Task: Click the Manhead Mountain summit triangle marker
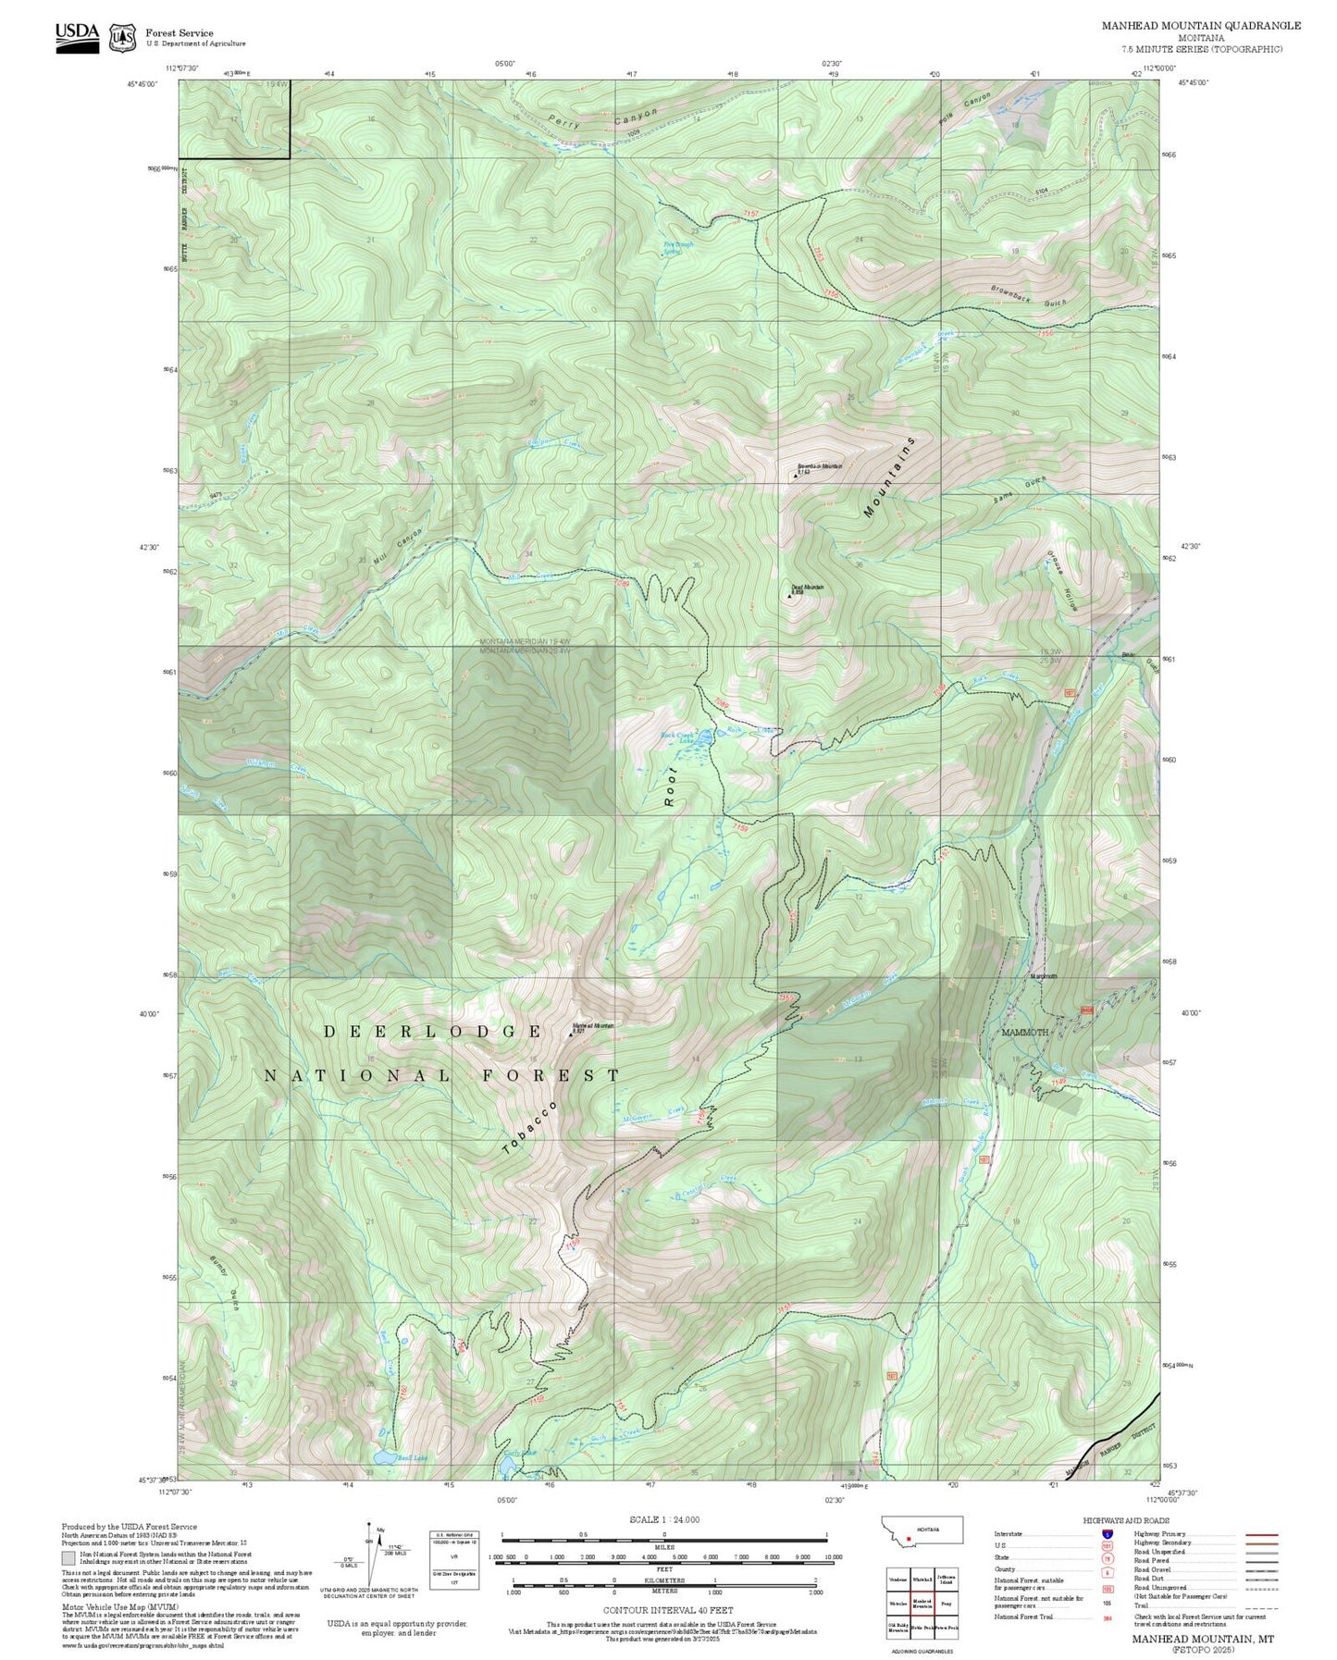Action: click(570, 1034)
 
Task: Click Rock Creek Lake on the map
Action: click(703, 737)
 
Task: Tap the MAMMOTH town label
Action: click(1024, 1032)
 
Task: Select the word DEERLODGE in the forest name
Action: click(433, 1031)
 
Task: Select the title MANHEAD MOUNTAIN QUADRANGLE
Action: click(1200, 26)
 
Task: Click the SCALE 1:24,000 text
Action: click(663, 1520)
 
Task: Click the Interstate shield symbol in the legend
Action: click(1107, 1534)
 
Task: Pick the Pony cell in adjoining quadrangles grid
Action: click(945, 1604)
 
